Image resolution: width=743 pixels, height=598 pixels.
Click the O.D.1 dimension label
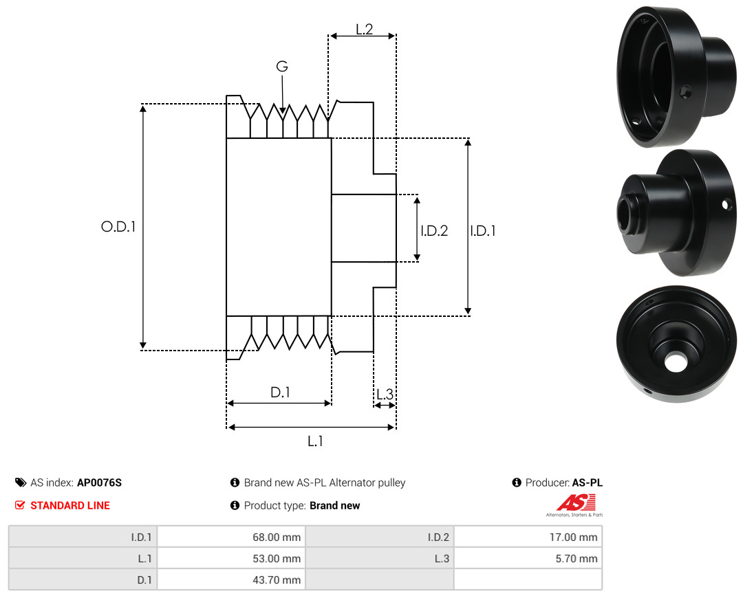118,227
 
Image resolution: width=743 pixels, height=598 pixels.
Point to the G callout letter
282,66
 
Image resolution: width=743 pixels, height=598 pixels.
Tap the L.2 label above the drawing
365,30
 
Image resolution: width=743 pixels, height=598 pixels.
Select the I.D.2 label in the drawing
434,230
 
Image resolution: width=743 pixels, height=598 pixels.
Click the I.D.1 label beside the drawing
483,230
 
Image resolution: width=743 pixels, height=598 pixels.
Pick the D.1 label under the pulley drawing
280,392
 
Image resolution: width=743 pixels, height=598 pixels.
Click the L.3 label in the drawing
385,394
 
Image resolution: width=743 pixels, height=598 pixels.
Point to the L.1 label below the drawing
315,441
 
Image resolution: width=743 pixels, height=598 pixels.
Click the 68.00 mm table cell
231,537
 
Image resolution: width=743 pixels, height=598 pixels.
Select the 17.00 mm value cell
528,537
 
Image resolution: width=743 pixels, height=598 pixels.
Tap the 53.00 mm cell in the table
231,558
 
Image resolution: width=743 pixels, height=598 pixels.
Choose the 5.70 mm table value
528,558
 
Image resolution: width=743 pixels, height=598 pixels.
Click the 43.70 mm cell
231,579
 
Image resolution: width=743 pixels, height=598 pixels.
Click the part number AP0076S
100,483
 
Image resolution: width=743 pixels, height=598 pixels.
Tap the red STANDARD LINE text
70,505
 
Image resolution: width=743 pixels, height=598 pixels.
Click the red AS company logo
576,503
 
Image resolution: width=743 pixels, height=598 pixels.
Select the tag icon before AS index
21,483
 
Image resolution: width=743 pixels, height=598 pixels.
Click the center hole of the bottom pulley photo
676,362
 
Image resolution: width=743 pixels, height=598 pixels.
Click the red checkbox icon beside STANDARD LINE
20,505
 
